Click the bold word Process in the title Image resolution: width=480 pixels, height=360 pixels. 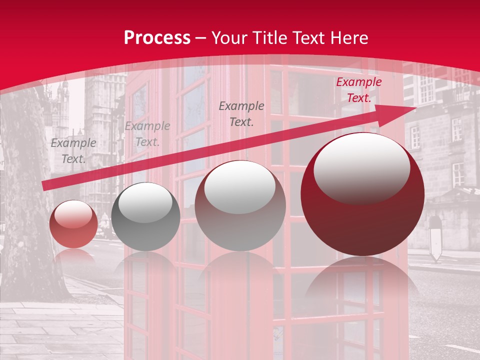(157, 38)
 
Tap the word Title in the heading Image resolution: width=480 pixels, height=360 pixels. (270, 38)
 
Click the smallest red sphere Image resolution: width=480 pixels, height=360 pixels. (74, 224)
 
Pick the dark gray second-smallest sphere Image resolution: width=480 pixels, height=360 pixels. (145, 217)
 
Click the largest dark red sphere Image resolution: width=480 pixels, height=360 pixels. (362, 195)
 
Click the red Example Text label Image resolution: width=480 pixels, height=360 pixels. (358, 90)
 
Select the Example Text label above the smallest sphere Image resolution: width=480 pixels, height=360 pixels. (73, 150)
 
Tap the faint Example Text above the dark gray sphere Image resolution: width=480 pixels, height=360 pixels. (147, 134)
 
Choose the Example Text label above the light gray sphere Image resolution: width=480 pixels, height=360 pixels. (241, 113)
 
